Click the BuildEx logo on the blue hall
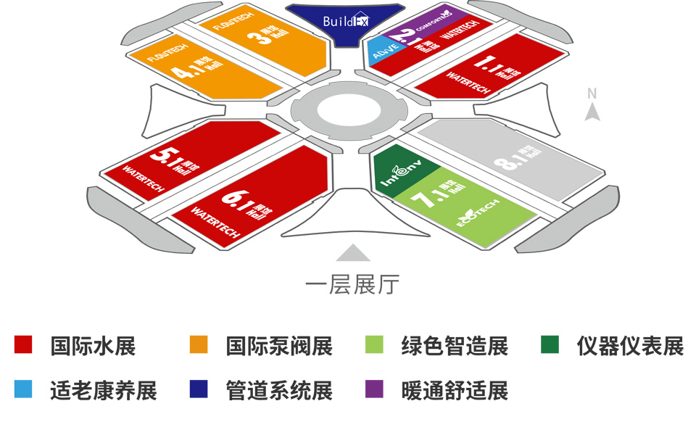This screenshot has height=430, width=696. (x=346, y=22)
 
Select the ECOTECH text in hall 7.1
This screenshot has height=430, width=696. (x=478, y=213)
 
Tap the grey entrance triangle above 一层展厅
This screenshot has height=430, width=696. (x=353, y=252)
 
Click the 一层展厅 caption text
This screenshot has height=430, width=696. (x=352, y=284)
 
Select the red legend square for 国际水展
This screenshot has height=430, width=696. (x=24, y=344)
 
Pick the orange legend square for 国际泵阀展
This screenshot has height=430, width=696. (x=198, y=344)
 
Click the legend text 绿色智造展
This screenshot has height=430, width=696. (x=454, y=346)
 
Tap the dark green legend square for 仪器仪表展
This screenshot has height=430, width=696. (x=550, y=344)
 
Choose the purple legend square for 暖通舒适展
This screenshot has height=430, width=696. (x=374, y=389)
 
